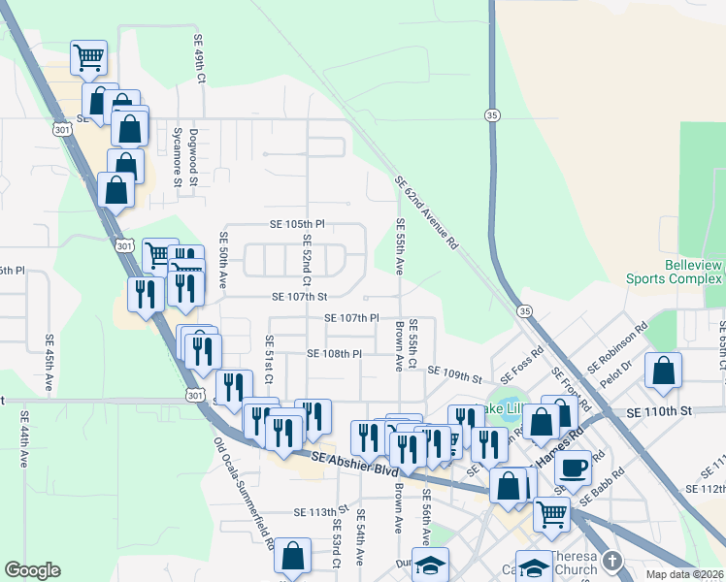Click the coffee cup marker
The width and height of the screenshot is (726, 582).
pos(574,468)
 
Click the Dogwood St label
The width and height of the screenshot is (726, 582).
pos(194,157)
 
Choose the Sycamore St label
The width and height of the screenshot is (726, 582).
pos(177,155)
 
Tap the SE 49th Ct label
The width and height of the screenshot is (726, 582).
pos(199,60)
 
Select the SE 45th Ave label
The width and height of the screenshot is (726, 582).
pos(49,364)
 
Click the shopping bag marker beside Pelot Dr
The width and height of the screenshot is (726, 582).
pos(663,371)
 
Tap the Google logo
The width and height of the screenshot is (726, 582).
pos(32,570)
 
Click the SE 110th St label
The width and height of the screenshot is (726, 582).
pos(660,412)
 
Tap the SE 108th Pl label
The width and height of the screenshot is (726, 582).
pos(334,354)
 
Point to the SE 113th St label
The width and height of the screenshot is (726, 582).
pos(320,512)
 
